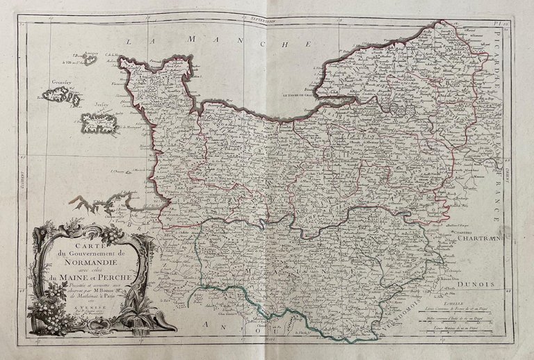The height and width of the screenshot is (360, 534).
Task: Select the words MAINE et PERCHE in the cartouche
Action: click(x=93, y=280)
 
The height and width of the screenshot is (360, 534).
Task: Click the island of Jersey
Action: click(x=98, y=124)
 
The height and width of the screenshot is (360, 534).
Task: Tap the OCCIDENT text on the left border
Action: click(x=24, y=180)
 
